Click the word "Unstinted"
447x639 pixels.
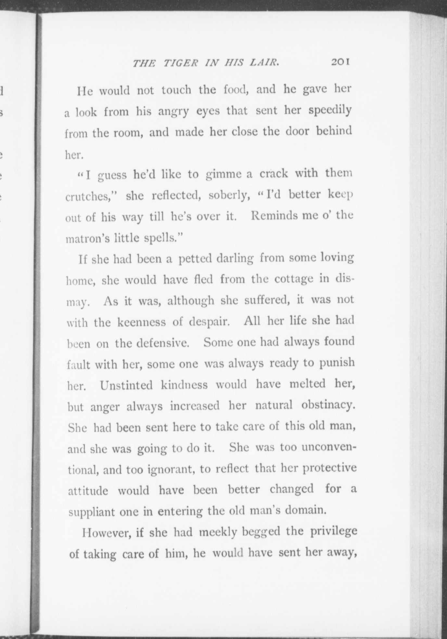(x=126, y=385)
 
